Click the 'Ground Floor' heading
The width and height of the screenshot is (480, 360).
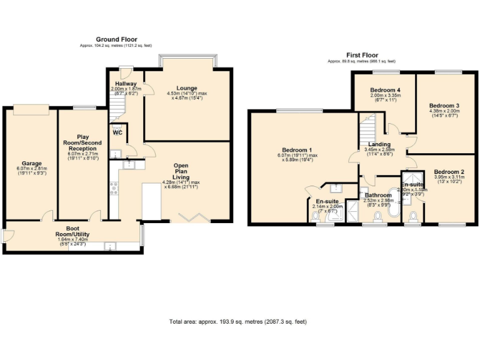(116, 39)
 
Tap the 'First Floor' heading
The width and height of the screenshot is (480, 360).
(362, 55)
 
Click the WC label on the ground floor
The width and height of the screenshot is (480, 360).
(117, 132)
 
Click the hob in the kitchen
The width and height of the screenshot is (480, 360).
(114, 187)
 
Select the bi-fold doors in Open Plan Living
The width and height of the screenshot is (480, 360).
(192, 217)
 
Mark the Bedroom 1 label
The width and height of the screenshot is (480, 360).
(297, 150)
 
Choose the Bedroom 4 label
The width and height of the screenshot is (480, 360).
(384, 89)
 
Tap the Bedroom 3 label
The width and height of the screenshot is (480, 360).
(449, 106)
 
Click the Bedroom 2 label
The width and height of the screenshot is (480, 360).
(449, 171)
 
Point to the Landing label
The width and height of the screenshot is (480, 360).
(379, 145)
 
